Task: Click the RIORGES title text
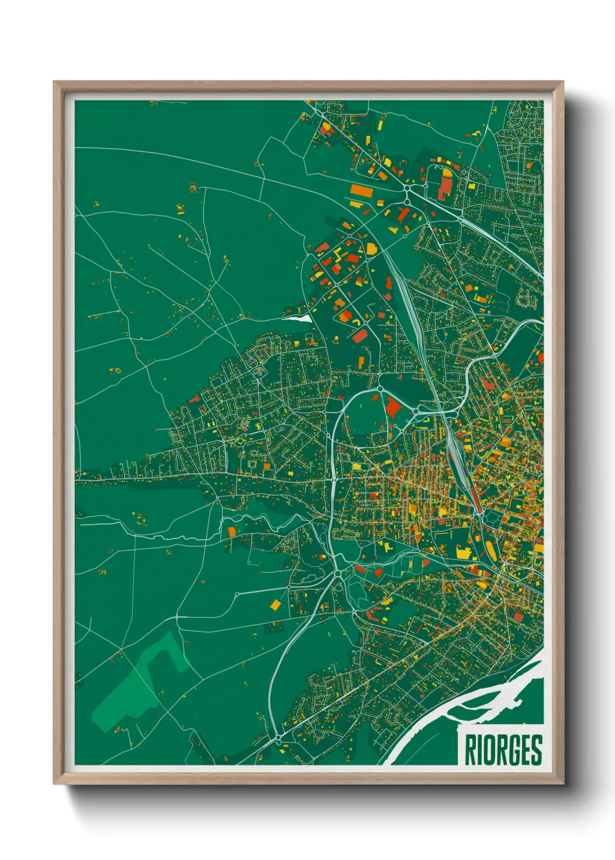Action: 503,750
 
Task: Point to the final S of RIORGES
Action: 536,750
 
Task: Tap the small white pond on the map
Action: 298,318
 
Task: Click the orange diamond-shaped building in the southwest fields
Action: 276,605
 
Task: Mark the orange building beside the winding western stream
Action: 232,531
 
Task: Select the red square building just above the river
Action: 517,617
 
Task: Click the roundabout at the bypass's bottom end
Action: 278,738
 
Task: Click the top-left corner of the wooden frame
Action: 55,83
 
